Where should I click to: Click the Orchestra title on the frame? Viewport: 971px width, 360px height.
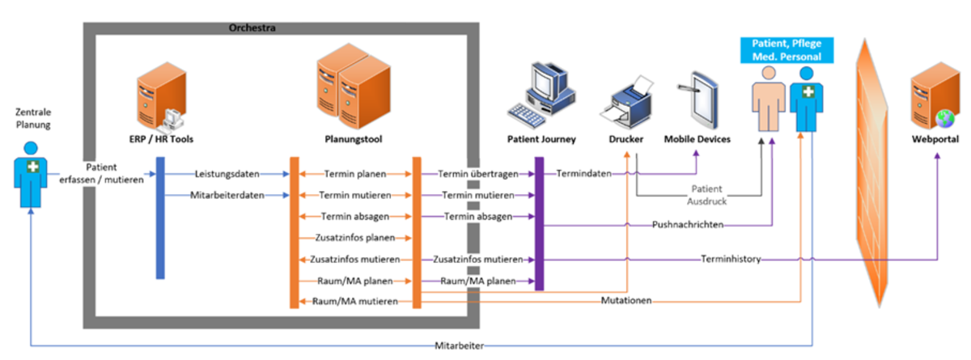253,28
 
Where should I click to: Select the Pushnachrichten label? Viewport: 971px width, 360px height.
687,224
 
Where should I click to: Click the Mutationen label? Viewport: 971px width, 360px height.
627,301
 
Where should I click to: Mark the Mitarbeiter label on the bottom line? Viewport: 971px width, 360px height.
459,346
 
